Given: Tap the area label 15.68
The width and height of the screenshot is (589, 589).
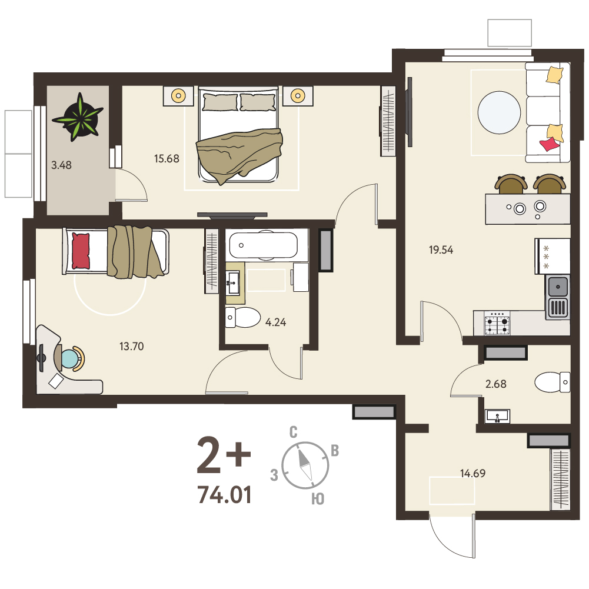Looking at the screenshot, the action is click(167, 158).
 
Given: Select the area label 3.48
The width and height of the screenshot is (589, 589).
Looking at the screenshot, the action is click(61, 165).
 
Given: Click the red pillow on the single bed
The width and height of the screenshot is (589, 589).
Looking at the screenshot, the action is click(81, 251).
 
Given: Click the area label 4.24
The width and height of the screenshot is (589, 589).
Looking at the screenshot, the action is click(275, 322).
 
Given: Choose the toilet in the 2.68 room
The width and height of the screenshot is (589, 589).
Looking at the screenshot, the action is click(552, 382).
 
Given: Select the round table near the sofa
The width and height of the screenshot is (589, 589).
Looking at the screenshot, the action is click(499, 112).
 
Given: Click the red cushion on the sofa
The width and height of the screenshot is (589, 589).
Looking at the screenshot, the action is click(549, 144).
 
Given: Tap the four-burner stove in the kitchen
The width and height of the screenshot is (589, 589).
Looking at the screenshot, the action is click(497, 324).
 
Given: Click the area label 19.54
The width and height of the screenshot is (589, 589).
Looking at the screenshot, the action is click(441, 250).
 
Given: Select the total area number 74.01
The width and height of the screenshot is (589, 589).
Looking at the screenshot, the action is click(224, 495).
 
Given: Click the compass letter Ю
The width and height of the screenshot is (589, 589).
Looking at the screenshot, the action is click(318, 499).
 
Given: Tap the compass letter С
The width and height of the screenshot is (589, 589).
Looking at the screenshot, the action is click(294, 432).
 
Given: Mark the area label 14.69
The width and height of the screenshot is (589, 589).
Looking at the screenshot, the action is click(473, 473).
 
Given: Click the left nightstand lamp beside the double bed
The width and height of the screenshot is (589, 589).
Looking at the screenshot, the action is click(178, 96).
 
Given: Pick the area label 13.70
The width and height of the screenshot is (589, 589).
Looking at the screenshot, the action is click(131, 347).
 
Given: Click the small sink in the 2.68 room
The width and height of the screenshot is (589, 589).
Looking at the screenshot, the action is click(497, 416).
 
